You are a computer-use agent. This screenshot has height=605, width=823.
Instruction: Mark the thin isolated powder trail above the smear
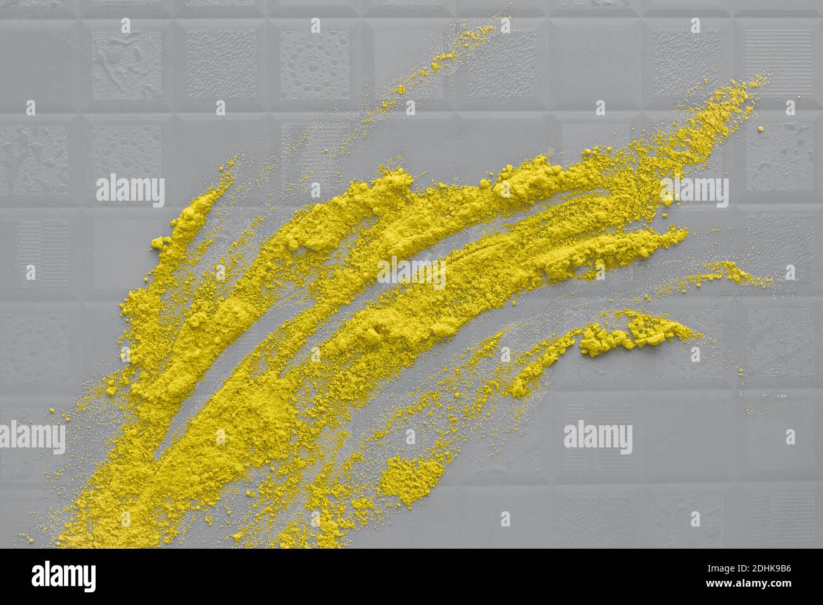[443, 57]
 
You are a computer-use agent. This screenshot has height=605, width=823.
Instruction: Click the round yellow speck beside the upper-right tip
[760, 129]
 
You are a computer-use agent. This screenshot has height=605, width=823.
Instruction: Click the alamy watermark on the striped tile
[598, 437]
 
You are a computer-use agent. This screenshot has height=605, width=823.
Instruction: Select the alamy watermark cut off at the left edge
[32, 437]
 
